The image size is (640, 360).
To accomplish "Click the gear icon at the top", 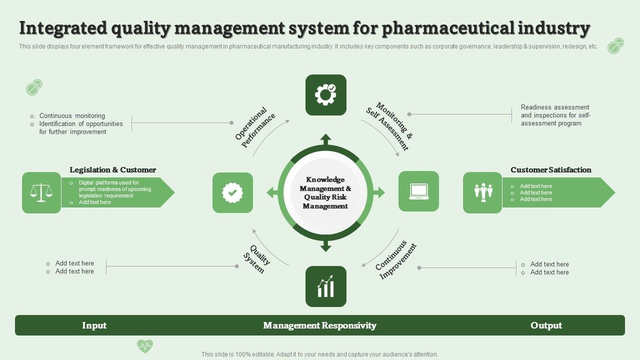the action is pyautogui.click(x=325, y=95).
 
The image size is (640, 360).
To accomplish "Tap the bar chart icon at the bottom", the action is pyautogui.click(x=325, y=286).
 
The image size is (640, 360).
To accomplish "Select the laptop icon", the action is pyautogui.click(x=418, y=191).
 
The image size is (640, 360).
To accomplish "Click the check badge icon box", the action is pyautogui.click(x=232, y=192).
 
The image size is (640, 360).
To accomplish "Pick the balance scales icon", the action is pyautogui.click(x=41, y=192).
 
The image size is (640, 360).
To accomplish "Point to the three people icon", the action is pyautogui.click(x=483, y=192).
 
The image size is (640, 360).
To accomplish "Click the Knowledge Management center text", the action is pyautogui.click(x=325, y=192).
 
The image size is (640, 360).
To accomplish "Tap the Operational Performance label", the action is pyautogui.click(x=255, y=127).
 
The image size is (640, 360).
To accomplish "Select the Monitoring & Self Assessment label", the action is pyautogui.click(x=389, y=126).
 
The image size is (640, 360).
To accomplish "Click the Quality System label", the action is pyautogui.click(x=257, y=259).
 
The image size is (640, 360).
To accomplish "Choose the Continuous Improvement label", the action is pyautogui.click(x=395, y=260).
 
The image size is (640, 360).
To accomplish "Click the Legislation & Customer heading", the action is pyautogui.click(x=113, y=169).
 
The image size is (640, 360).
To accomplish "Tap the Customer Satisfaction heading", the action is pyautogui.click(x=551, y=169).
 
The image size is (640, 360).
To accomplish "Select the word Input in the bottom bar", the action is pyautogui.click(x=94, y=325).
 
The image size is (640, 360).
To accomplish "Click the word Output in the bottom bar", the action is pyautogui.click(x=546, y=325).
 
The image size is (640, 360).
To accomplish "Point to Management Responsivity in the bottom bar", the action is pyautogui.click(x=319, y=325).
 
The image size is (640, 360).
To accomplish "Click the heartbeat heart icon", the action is pyautogui.click(x=145, y=346).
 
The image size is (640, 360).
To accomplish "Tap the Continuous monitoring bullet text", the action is pyautogui.click(x=72, y=115).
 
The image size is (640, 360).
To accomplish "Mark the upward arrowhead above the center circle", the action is pyautogui.click(x=325, y=139).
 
